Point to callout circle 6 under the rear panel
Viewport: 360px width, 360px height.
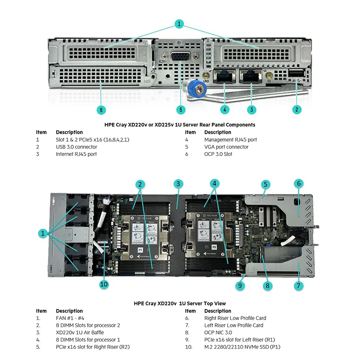coord(101,109)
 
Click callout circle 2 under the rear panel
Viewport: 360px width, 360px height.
coord(297,109)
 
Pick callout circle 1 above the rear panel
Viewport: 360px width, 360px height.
coord(179,23)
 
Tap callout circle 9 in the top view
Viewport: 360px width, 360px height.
coord(241,284)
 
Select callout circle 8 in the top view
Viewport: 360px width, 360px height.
coord(267,284)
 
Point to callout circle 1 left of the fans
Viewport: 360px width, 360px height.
coord(42,233)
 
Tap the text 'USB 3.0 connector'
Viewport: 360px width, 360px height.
coord(76,147)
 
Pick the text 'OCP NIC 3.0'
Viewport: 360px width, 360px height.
coord(218,333)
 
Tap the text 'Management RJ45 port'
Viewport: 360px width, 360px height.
coord(230,139)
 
